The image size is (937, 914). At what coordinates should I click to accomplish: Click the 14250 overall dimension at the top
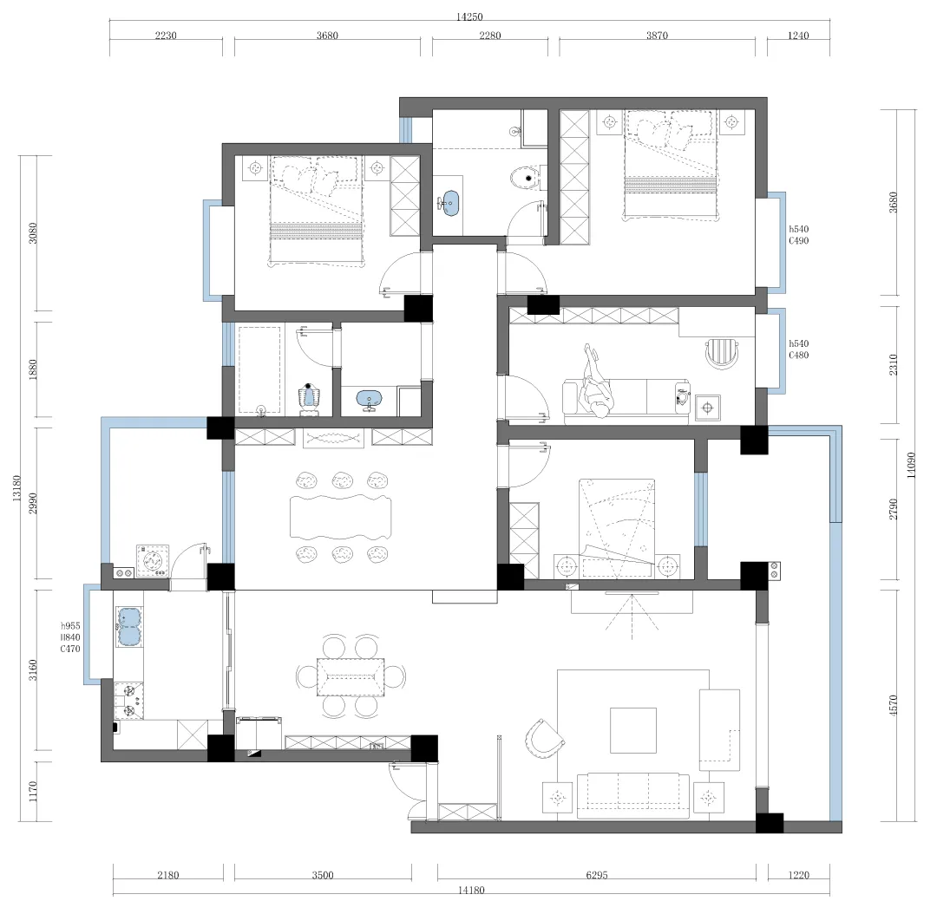(x=469, y=16)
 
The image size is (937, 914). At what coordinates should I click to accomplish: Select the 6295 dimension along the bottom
(x=596, y=875)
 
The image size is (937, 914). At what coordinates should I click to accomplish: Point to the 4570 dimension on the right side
(x=894, y=706)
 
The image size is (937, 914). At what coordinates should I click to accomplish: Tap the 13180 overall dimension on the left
(x=16, y=487)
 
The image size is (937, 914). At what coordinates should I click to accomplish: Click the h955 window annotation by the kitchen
(x=70, y=626)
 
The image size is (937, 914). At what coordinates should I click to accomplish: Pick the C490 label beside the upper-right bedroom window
(x=798, y=241)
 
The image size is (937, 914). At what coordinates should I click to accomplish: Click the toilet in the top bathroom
(x=526, y=178)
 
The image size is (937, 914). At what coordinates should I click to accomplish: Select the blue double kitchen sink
(x=129, y=627)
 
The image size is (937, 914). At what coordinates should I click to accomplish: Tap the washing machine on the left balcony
(x=153, y=561)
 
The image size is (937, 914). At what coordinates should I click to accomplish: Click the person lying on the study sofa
(x=596, y=382)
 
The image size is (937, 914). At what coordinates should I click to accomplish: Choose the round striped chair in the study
(x=722, y=354)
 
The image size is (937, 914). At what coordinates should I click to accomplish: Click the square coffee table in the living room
(x=632, y=730)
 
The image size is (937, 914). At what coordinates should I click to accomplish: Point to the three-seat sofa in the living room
(x=632, y=794)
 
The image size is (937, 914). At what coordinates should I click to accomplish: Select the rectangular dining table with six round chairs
(x=351, y=677)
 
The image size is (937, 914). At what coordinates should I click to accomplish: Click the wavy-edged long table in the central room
(x=341, y=517)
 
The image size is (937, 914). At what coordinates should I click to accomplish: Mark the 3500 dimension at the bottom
(x=323, y=875)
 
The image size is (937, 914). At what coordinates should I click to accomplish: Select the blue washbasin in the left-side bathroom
(x=370, y=398)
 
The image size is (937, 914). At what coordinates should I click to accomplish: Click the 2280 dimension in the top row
(x=490, y=36)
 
